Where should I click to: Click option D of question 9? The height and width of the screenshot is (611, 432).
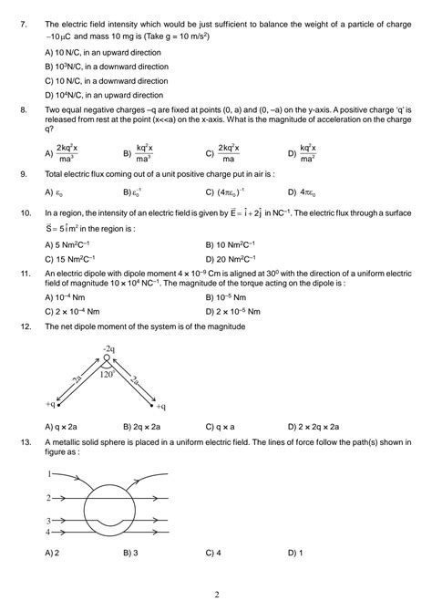[x=307, y=192]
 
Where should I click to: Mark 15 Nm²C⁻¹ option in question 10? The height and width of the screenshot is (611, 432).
[x=82, y=258]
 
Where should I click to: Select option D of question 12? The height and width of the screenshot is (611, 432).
[x=314, y=426]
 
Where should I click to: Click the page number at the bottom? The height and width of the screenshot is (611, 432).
[x=216, y=595]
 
